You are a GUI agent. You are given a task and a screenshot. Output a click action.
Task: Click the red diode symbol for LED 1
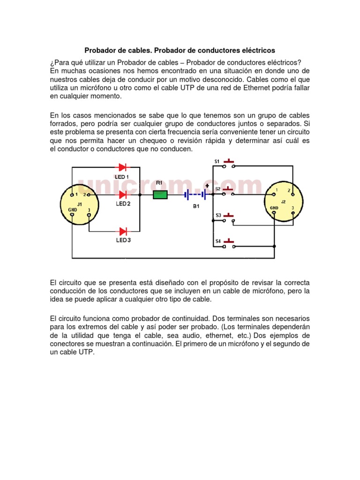(123, 167)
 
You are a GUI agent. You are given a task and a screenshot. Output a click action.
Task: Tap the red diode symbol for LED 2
(123, 195)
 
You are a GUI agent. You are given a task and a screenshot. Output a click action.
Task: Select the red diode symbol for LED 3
(123, 231)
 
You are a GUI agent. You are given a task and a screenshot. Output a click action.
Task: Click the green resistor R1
(160, 195)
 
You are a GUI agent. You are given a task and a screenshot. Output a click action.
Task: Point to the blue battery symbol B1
(196, 194)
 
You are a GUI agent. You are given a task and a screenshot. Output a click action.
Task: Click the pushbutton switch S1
(229, 164)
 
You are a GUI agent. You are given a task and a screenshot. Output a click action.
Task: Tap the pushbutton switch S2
(229, 191)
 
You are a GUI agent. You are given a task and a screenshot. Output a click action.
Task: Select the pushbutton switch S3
(229, 217)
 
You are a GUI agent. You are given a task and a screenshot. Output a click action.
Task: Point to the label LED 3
(123, 241)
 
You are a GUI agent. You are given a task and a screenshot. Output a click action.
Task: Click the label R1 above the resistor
(159, 182)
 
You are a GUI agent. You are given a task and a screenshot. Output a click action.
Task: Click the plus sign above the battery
(206, 185)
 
